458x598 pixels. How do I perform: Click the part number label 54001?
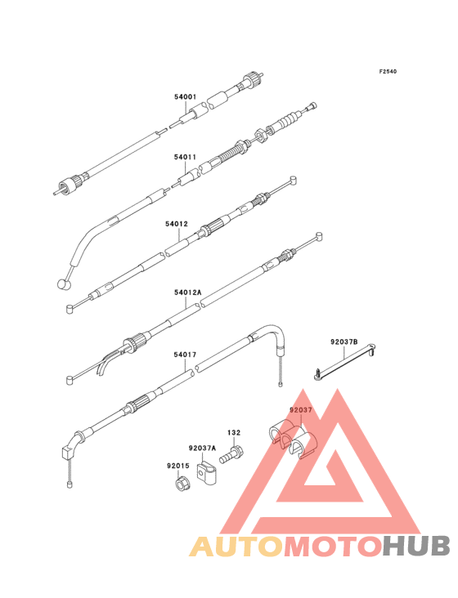coord(185,97)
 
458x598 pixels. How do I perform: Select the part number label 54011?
coord(185,157)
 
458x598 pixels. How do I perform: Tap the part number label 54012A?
coord(188,292)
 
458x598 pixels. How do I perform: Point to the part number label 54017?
coord(185,355)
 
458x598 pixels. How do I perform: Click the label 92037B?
coord(344,341)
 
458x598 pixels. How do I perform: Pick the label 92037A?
coord(202,448)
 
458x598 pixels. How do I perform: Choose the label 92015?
coord(177,466)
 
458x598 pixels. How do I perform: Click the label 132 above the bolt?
coord(234,432)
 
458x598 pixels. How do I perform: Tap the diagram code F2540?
coord(388,71)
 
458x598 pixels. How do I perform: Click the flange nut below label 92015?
coord(181,484)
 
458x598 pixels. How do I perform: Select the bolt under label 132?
coord(231,454)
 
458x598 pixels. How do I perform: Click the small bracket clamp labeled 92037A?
coord(206,474)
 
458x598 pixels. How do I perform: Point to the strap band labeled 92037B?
coord(344,361)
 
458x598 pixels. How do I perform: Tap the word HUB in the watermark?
coord(416,547)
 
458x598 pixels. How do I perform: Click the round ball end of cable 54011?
coord(63,284)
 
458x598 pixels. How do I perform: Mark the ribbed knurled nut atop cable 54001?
coord(253,78)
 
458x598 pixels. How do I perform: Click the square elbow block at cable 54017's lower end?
coord(68,453)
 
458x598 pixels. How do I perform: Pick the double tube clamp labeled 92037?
coord(293,440)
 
